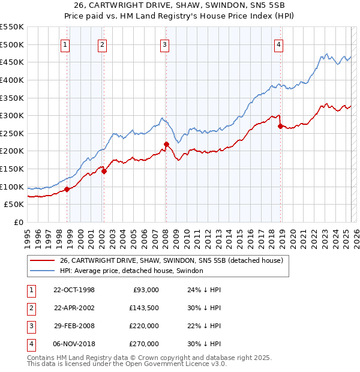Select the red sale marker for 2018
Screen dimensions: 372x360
(x=280, y=126)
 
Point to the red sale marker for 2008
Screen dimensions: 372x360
(x=166, y=144)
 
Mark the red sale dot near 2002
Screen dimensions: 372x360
(x=104, y=171)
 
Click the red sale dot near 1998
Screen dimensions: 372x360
(x=67, y=189)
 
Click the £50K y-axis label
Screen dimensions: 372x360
(x=14, y=205)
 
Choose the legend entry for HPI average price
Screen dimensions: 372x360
(x=131, y=271)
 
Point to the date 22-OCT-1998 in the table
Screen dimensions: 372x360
(x=74, y=290)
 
